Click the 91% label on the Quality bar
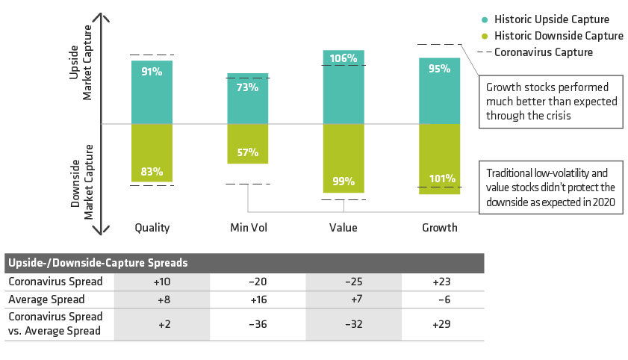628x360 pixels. (x=152, y=72)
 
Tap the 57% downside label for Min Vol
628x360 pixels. (x=248, y=152)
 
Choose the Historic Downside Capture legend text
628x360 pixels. (x=559, y=36)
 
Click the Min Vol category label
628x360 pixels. (x=248, y=228)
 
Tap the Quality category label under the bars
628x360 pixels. (x=152, y=228)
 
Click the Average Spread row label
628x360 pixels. (x=46, y=300)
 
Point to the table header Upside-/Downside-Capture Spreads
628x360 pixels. (x=98, y=263)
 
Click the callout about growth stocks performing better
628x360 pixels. (x=551, y=101)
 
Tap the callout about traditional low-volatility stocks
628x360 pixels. (x=551, y=187)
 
